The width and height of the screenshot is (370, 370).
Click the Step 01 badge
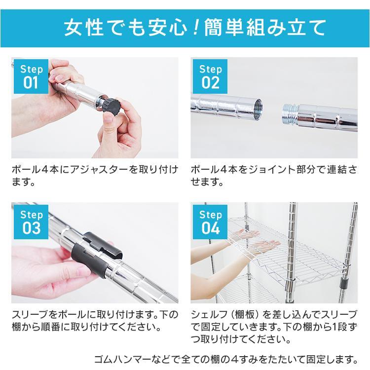31,76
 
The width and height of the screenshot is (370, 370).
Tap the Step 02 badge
210,76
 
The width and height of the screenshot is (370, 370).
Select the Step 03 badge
31,222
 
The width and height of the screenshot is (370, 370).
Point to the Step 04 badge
210,222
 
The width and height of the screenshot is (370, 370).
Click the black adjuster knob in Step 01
112,105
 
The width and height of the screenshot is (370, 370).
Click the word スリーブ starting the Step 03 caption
30,314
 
